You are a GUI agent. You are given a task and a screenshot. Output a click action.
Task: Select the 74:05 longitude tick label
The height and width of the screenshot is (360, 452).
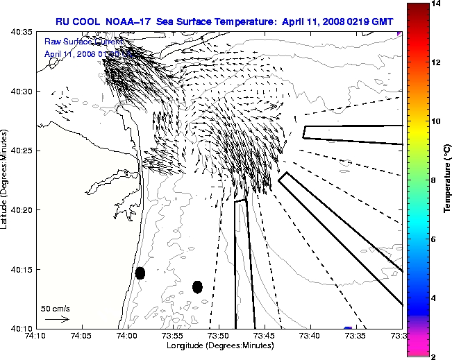(x=82, y=336)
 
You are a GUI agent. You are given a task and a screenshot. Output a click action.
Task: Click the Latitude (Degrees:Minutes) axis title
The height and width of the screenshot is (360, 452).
(x=6, y=180)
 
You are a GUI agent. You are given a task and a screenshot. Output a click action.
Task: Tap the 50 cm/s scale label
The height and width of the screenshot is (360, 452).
(x=56, y=308)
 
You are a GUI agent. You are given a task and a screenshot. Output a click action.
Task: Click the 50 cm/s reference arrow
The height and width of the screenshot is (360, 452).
(x=57, y=319)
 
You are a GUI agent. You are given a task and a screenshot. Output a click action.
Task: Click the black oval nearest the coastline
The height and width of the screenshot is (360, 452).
(x=140, y=273)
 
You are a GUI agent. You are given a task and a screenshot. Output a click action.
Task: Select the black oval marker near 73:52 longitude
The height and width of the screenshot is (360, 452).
(x=197, y=286)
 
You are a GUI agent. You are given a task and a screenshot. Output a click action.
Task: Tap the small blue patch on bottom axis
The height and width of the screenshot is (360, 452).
(x=348, y=328)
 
